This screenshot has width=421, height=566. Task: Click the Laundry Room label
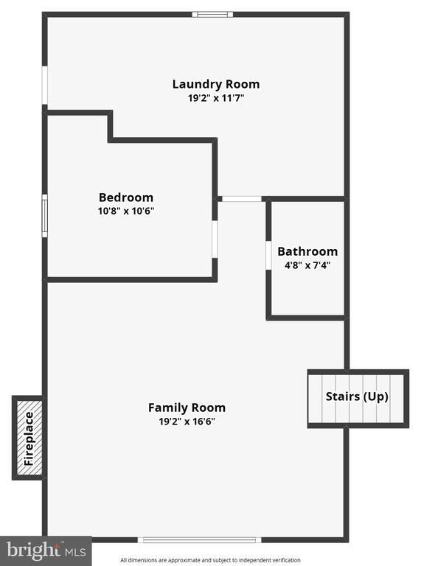(216, 84)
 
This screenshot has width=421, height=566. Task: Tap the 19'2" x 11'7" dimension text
(216, 98)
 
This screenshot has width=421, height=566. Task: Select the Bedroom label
(126, 198)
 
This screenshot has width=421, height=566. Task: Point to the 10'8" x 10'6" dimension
(126, 211)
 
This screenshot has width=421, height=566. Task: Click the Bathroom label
(307, 251)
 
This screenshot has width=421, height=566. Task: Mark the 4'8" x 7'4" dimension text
(307, 265)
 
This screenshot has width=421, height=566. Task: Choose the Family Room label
(187, 408)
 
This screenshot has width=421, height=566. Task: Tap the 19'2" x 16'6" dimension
(187, 422)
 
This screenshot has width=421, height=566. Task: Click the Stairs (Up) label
(357, 396)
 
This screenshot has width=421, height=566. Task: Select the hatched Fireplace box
(29, 438)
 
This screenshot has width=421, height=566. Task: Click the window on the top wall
(212, 15)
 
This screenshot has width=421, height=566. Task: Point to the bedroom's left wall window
(45, 216)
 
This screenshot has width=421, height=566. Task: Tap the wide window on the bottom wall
(199, 540)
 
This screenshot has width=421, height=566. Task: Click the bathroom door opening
(268, 256)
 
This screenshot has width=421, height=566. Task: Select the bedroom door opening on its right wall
(215, 240)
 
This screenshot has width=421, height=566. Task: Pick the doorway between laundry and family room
(242, 199)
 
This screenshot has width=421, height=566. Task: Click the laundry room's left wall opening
(45, 85)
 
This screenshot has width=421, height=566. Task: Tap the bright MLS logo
(46, 551)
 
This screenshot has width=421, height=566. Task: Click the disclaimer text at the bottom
(211, 560)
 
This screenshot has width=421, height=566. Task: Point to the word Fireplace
(29, 439)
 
